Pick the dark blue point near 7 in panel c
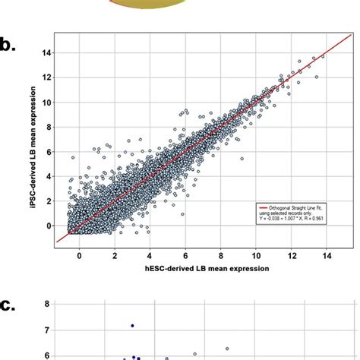click(132, 325)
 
